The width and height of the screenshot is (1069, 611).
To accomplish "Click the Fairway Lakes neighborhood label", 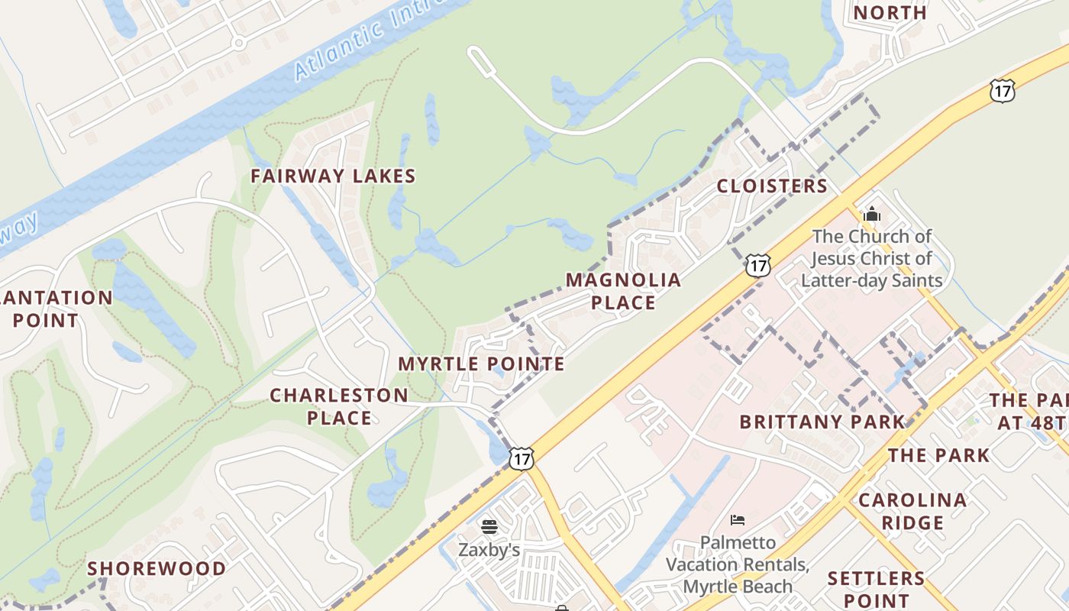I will [333, 176].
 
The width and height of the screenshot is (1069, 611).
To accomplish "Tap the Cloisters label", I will [772, 186].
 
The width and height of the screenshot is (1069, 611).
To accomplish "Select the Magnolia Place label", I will [623, 291].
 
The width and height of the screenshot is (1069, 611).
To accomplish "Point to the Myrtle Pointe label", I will [482, 364].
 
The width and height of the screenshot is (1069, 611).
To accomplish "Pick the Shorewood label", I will [157, 569].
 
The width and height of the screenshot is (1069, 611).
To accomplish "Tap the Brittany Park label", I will [822, 422].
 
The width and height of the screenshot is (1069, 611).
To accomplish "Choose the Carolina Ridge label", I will [912, 512].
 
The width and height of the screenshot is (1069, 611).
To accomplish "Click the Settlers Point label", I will [877, 589].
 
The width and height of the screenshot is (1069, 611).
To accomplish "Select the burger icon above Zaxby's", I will [489, 526].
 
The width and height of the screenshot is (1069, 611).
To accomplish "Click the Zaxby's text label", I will [489, 550].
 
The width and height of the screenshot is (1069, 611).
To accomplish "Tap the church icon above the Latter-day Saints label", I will [872, 214].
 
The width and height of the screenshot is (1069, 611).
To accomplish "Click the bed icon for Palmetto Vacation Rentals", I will [738, 520].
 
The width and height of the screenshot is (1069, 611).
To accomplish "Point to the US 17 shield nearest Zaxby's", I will [522, 458].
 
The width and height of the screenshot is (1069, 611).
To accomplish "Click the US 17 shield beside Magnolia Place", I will [758, 266].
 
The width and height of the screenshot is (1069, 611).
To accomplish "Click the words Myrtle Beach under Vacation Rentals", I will [738, 587].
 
